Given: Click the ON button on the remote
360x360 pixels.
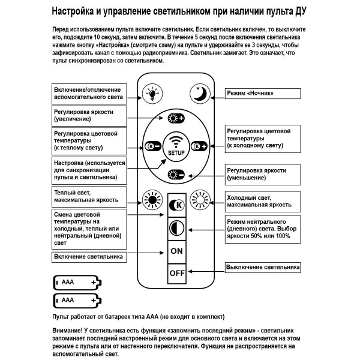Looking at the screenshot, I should [176, 251].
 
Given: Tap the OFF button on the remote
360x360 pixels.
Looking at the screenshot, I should [176, 273].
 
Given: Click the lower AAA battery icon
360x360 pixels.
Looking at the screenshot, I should [76, 299].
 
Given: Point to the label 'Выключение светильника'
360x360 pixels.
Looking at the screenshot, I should [262, 266].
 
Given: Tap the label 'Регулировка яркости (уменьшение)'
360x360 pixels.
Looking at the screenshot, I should [263, 175].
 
